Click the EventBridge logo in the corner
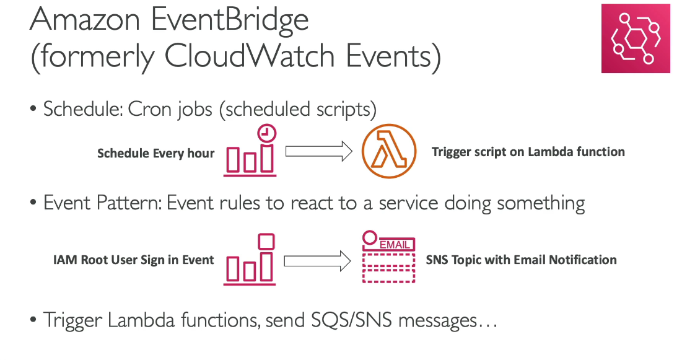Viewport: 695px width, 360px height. pos(636,38)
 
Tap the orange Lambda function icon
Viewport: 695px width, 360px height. pos(389,151)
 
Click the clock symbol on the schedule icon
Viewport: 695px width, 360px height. pos(267,133)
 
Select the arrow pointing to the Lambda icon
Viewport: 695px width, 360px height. pos(318,152)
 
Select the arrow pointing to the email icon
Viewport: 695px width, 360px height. pos(317,261)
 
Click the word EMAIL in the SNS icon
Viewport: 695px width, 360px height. pos(395,244)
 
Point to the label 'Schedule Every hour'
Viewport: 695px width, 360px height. pos(155,154)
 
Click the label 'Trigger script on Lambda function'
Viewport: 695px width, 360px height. pos(528,152)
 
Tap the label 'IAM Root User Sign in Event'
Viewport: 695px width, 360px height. pos(133,260)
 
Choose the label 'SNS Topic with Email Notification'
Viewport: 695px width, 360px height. pos(522,260)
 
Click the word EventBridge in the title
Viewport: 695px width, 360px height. pos(230,20)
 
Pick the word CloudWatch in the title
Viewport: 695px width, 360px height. pos(249,56)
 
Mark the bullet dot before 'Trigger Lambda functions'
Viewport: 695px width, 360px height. pos(33,320)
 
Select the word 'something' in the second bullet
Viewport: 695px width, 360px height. pos(541,203)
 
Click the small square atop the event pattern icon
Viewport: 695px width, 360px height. pos(266,242)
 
